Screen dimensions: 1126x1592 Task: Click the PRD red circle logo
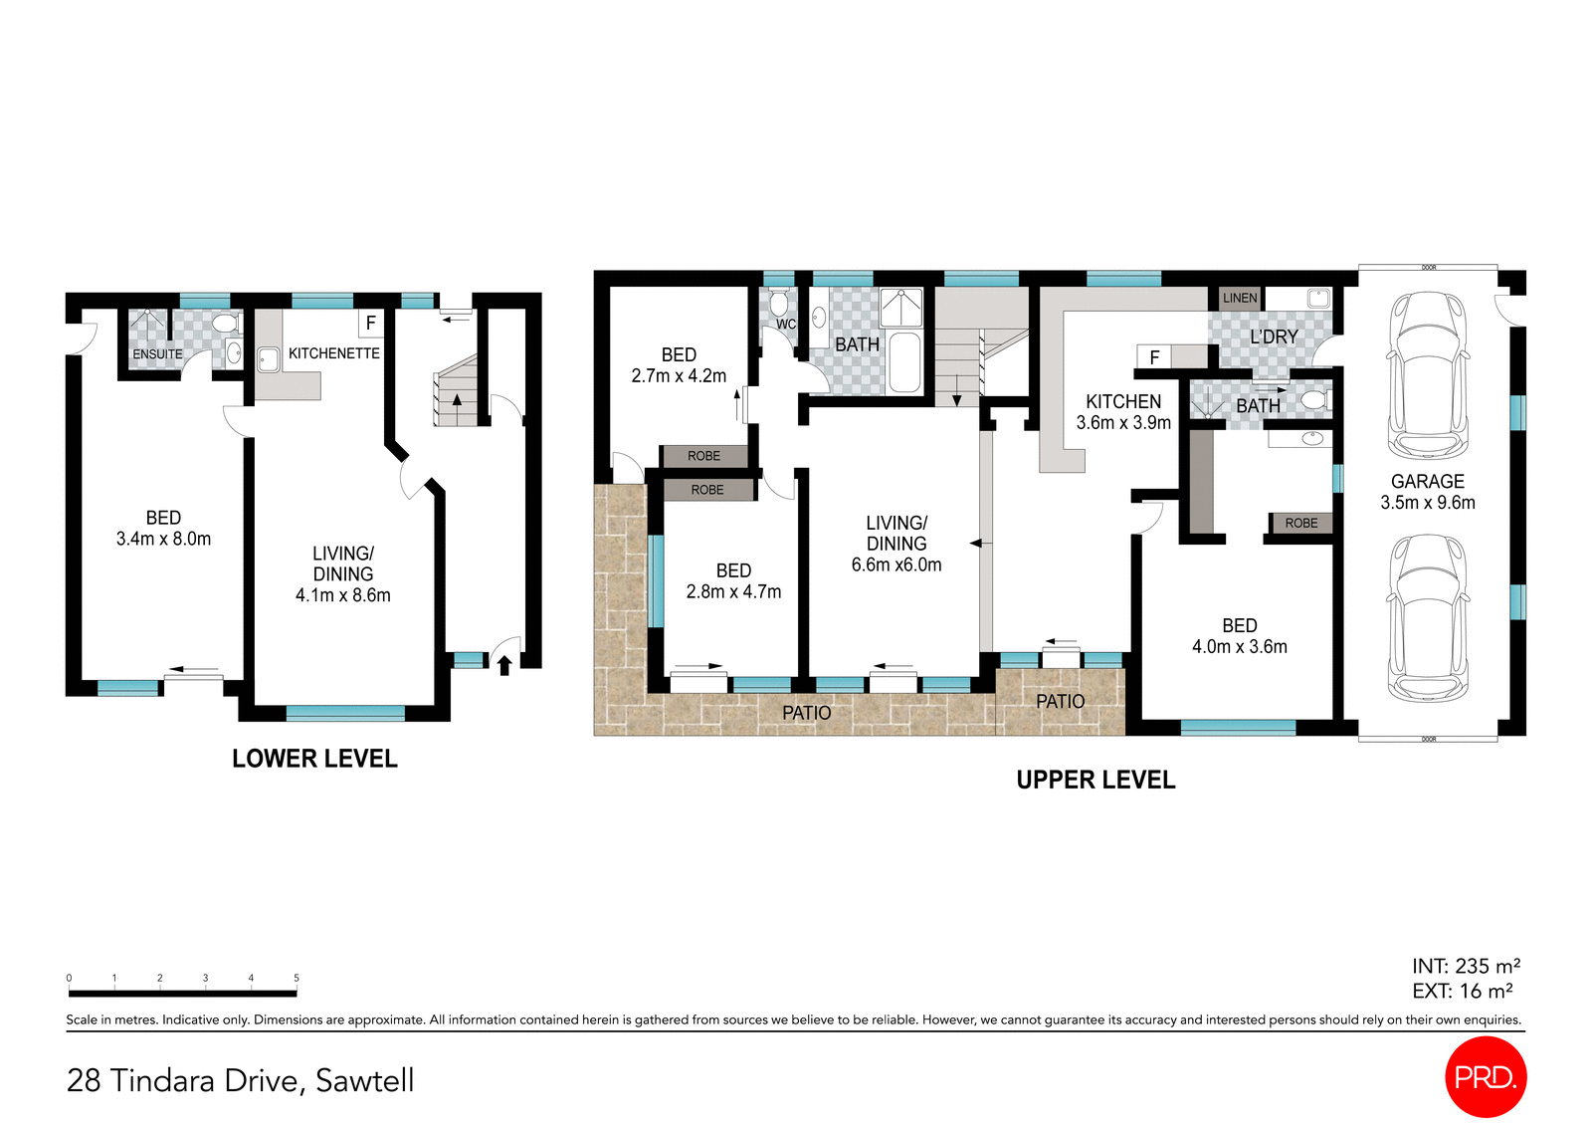click(x=1485, y=1076)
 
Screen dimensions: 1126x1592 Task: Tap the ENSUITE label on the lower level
click(x=157, y=354)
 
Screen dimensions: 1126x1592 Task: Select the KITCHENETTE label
click(x=333, y=353)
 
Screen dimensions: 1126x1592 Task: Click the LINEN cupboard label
click(x=1240, y=298)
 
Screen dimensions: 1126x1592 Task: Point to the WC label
click(x=786, y=325)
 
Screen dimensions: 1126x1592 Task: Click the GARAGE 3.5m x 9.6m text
click(x=1427, y=492)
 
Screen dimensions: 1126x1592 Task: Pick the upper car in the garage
click(x=1428, y=374)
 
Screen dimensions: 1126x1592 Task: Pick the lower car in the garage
click(x=1428, y=617)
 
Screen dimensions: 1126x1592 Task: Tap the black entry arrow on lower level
click(x=504, y=664)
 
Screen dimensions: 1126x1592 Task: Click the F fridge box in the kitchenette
click(x=370, y=323)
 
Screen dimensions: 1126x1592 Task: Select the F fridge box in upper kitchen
click(x=1154, y=356)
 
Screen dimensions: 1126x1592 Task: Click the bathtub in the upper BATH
click(x=904, y=362)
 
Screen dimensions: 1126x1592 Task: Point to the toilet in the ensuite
click(x=225, y=324)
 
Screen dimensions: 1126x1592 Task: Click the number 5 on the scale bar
click(x=297, y=978)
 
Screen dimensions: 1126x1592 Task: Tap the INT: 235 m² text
click(x=1465, y=966)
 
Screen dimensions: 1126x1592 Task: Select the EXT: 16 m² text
click(x=1462, y=991)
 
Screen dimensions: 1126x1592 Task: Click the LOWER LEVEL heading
click(x=314, y=759)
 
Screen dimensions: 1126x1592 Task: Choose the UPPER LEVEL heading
click(x=1095, y=780)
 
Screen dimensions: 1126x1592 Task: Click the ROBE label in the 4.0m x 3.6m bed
click(x=1300, y=523)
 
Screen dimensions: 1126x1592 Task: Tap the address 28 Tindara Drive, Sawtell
click(x=240, y=1080)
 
